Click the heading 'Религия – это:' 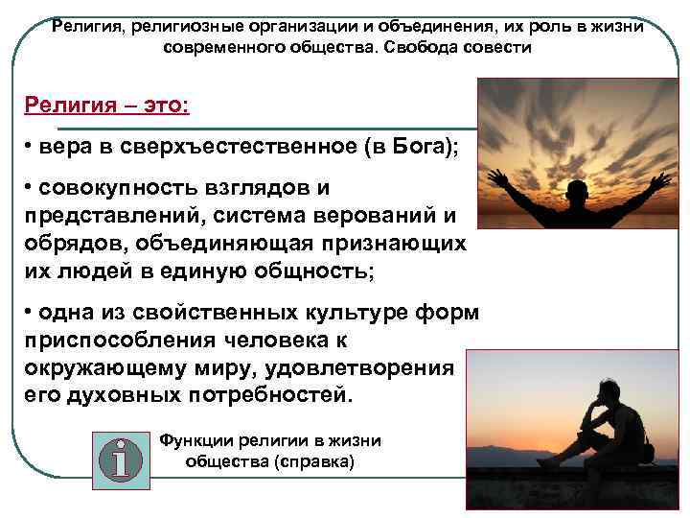coord(107,103)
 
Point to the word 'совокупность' coord(116,189)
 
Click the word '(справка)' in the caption coord(314,462)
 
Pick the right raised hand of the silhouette coord(660,178)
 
